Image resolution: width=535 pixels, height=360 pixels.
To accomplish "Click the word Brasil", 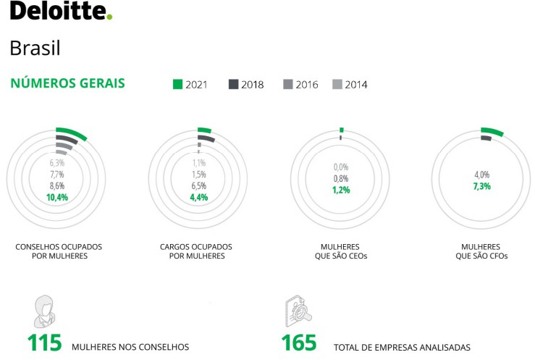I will click(35, 49).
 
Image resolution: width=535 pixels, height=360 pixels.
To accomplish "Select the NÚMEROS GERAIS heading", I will click(67, 83).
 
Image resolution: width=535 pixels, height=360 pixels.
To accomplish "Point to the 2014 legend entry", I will click(350, 85).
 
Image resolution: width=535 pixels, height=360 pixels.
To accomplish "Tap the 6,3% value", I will click(56, 163).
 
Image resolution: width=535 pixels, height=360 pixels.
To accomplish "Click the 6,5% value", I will click(199, 186).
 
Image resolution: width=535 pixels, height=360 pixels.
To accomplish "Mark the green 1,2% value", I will click(341, 191).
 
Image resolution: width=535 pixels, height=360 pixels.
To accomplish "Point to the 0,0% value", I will click(341, 167).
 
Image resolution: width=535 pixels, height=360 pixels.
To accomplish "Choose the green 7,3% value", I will click(482, 186).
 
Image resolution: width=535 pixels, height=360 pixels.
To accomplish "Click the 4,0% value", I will click(482, 175).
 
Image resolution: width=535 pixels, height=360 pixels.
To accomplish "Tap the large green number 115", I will click(44, 343).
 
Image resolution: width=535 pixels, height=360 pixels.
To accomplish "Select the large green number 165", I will click(298, 343).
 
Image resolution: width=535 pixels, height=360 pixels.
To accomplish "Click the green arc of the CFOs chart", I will click(492, 131).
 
